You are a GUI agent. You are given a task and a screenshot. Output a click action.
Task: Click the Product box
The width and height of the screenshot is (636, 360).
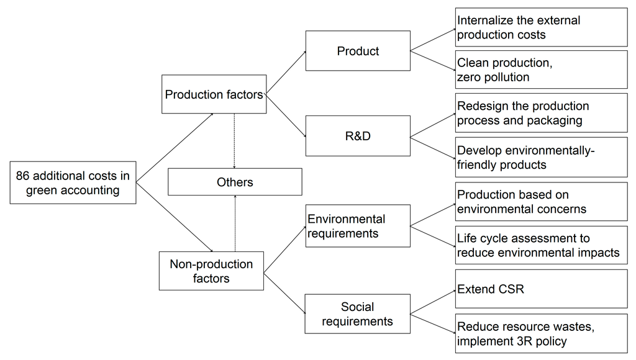coord(358,51)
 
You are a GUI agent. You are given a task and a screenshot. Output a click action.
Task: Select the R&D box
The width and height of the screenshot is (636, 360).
coord(358,135)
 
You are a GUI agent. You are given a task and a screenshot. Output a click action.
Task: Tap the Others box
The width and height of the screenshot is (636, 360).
coord(235,182)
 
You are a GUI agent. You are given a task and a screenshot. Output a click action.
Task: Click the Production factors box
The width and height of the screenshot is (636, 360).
coord(214,94)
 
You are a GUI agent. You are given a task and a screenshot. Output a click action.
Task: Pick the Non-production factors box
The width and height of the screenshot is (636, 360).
coord(211,271)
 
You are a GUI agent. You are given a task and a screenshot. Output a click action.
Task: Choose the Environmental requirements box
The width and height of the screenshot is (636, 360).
coord(358,227)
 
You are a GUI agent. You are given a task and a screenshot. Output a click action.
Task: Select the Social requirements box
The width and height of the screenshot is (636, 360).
coord(358,314)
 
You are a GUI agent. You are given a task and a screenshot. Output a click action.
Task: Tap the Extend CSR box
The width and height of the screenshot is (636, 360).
coord(541,289)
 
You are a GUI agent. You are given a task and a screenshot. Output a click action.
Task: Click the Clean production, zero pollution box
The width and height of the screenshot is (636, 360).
coord(541,70)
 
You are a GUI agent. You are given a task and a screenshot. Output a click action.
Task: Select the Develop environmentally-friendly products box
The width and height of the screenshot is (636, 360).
coord(541,158)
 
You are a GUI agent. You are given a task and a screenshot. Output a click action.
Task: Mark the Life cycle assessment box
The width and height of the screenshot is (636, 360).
coord(541,245)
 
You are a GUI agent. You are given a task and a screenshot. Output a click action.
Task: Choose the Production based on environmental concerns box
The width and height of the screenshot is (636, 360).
coord(541,202)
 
